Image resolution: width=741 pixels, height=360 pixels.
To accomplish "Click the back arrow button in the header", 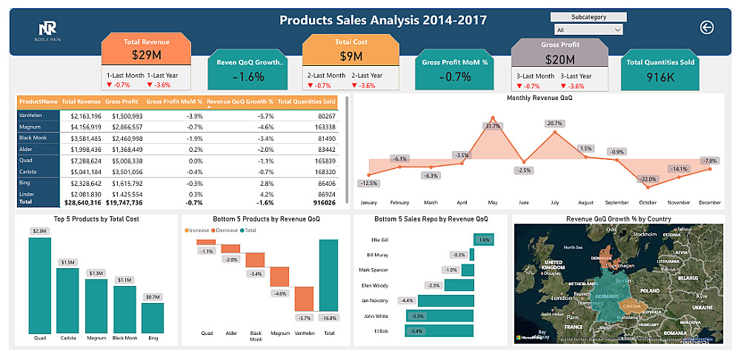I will [706, 27].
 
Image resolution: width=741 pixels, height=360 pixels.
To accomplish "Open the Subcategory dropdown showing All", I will [588, 30].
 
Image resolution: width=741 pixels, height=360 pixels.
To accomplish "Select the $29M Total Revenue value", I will [145, 55].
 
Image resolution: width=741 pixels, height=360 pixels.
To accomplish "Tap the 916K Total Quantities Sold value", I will [659, 76].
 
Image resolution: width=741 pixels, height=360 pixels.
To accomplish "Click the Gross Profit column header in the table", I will [122, 101].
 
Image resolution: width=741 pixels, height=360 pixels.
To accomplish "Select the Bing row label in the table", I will [26, 182].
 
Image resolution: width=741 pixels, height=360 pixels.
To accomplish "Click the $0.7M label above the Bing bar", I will [153, 297].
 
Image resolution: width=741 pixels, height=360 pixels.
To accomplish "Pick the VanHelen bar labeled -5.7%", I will [305, 299].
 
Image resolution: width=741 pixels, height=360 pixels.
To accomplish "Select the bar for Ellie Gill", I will [484, 240].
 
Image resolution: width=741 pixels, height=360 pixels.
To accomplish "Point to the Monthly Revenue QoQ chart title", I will [538, 98].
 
